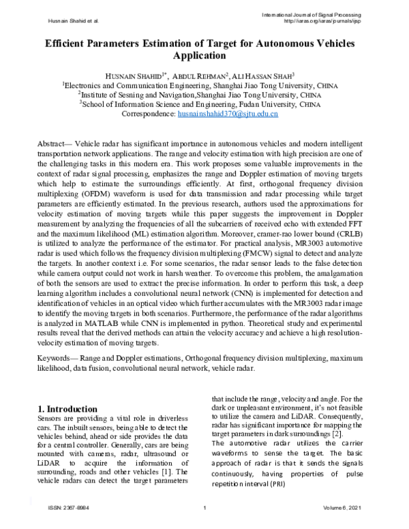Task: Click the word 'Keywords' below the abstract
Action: pyautogui.click(x=52, y=357)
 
